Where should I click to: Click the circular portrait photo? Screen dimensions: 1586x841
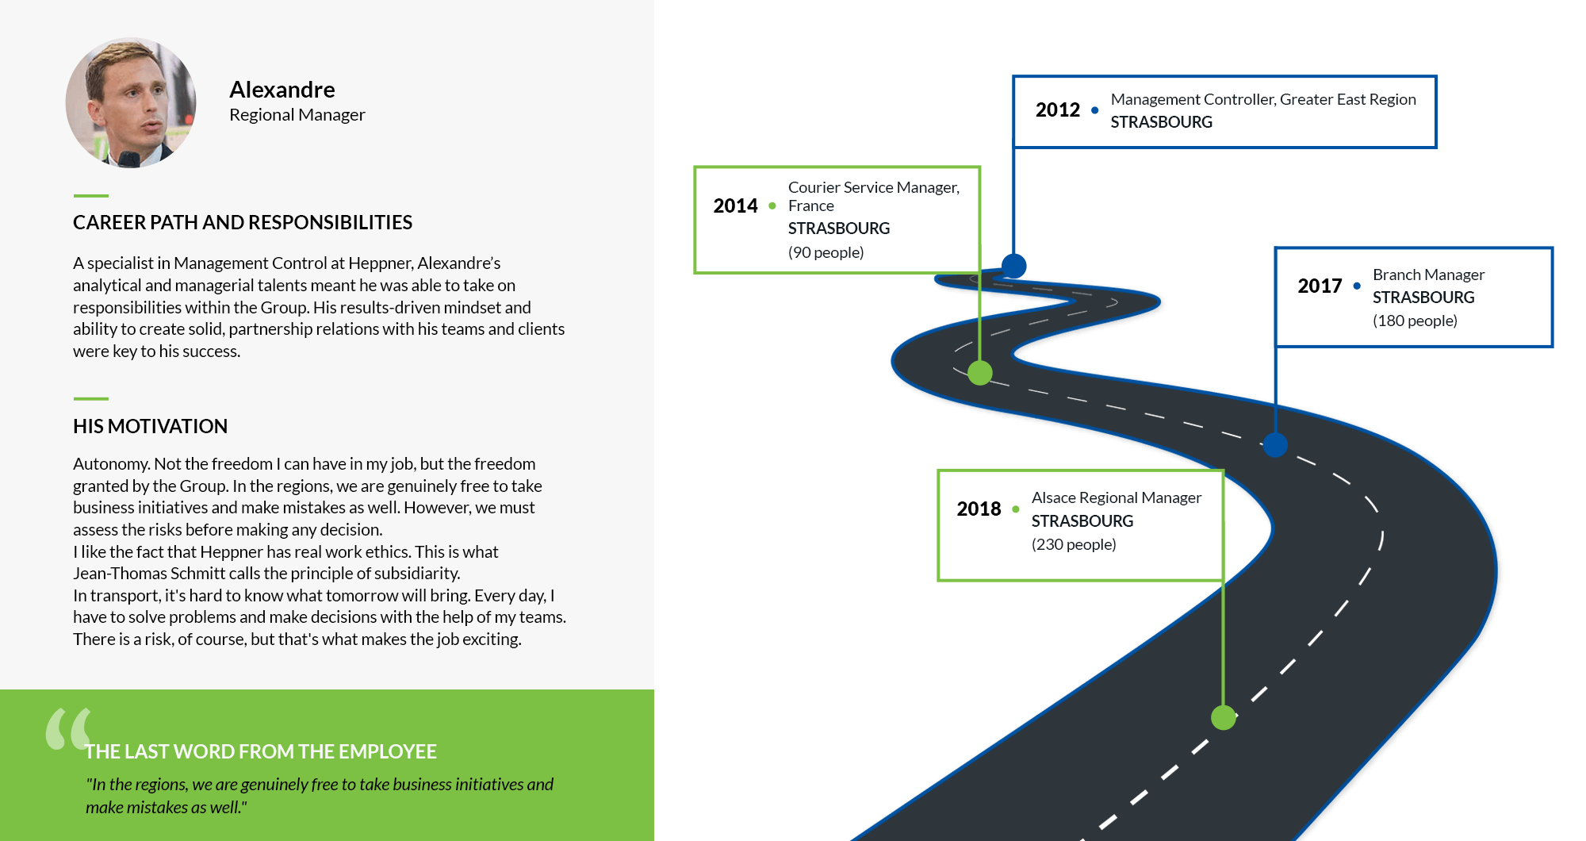coord(131,102)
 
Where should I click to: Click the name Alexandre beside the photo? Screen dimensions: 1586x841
coord(282,90)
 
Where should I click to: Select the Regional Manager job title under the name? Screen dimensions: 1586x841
coord(297,115)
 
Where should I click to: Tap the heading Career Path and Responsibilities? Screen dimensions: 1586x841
coord(243,222)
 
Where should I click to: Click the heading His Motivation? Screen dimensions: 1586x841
coord(151,426)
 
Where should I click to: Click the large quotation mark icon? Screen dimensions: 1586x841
coord(68,728)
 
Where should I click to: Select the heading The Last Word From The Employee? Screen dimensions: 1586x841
coord(261,751)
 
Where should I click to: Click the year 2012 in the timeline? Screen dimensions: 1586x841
coord(1058,109)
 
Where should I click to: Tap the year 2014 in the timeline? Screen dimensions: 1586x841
coord(736,205)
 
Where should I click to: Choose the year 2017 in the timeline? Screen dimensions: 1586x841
coord(1320,286)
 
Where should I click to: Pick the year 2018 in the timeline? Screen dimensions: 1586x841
coord(979,509)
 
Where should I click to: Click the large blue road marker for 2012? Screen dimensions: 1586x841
coord(1013,266)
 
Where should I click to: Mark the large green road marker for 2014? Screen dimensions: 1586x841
coord(980,372)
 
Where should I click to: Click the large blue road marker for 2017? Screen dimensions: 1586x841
coord(1275,444)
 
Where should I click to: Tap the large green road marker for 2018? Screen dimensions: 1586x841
coord(1224,717)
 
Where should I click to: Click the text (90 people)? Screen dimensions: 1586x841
coord(826,252)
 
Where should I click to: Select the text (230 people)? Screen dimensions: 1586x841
coord(1074,544)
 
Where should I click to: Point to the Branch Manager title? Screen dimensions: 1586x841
coord(1428,275)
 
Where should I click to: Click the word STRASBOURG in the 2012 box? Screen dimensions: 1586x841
coord(1162,122)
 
